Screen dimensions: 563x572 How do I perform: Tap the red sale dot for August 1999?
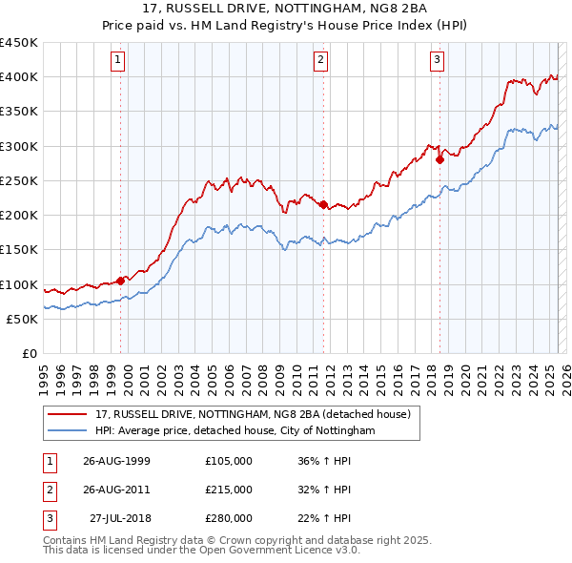(x=121, y=281)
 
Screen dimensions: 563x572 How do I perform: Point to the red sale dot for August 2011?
(x=324, y=204)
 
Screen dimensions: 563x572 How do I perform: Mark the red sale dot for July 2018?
(x=440, y=159)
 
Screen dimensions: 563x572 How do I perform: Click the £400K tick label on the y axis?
(x=19, y=77)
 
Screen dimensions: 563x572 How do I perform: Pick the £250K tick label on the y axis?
(x=19, y=180)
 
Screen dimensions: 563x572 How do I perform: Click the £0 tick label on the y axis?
(x=28, y=353)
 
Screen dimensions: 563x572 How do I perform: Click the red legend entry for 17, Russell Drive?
(x=253, y=414)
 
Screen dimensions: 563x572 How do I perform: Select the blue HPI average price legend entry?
(x=235, y=431)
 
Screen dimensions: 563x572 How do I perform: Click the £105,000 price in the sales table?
(x=229, y=461)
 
